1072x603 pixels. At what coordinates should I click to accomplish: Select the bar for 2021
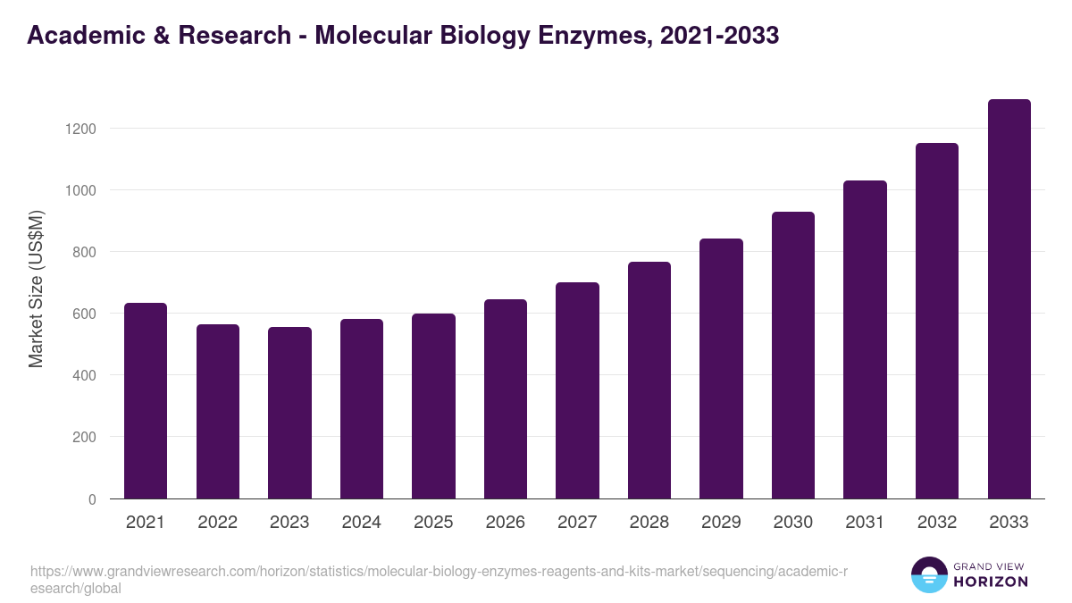pos(146,401)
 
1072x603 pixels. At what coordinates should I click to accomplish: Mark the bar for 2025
pos(433,406)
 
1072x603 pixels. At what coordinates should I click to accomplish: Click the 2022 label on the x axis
pos(218,523)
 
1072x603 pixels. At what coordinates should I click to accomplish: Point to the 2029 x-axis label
pos(721,523)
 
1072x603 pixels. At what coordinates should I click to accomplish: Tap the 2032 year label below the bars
pos(937,523)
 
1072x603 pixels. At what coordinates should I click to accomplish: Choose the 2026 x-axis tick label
pos(506,523)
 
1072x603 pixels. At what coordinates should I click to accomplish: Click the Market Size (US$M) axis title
pos(36,288)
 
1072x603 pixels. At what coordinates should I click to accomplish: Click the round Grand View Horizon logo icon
pos(928,574)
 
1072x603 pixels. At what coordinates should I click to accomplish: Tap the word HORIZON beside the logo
pos(992,582)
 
